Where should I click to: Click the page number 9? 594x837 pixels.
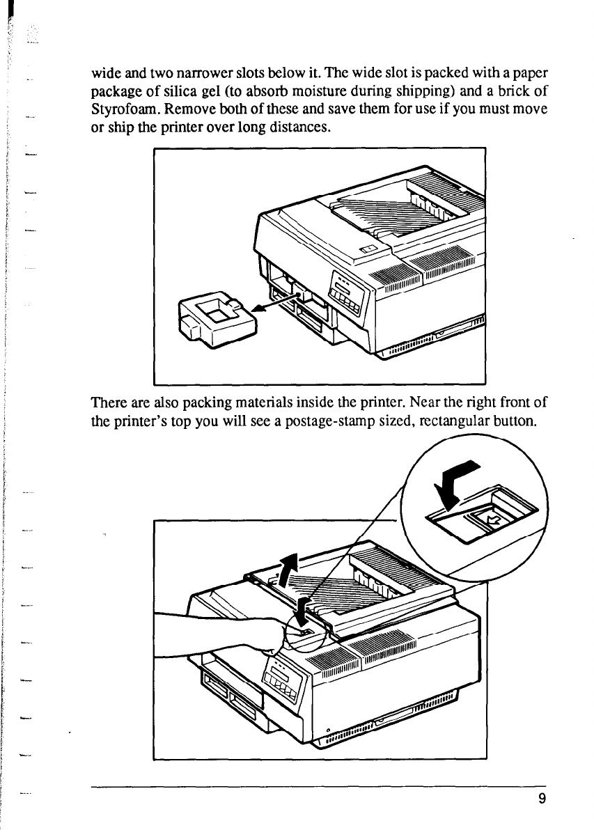click(x=541, y=799)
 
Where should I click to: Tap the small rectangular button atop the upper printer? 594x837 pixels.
click(x=370, y=250)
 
